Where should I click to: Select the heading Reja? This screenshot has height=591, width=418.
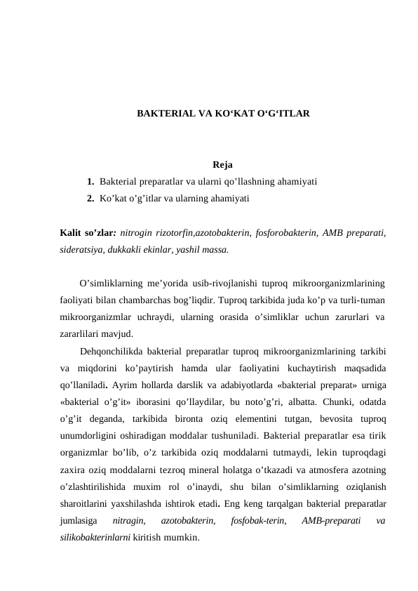[222, 166]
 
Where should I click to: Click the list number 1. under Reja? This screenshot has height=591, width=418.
[91, 182]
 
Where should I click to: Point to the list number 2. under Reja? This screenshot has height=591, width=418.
[91, 199]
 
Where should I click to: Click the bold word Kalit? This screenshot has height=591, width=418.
[72, 232]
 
